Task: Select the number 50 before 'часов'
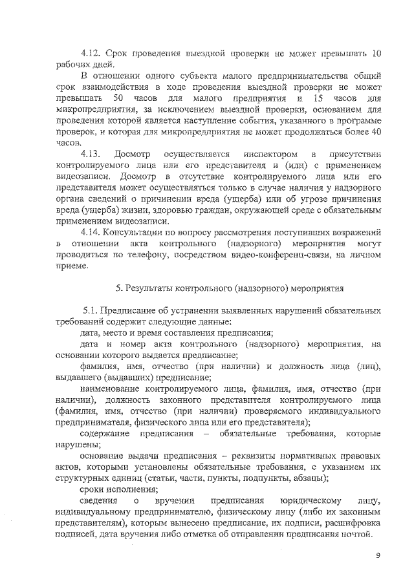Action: [x=118, y=98]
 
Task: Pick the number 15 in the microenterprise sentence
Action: [x=318, y=98]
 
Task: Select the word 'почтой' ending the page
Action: [x=356, y=535]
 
